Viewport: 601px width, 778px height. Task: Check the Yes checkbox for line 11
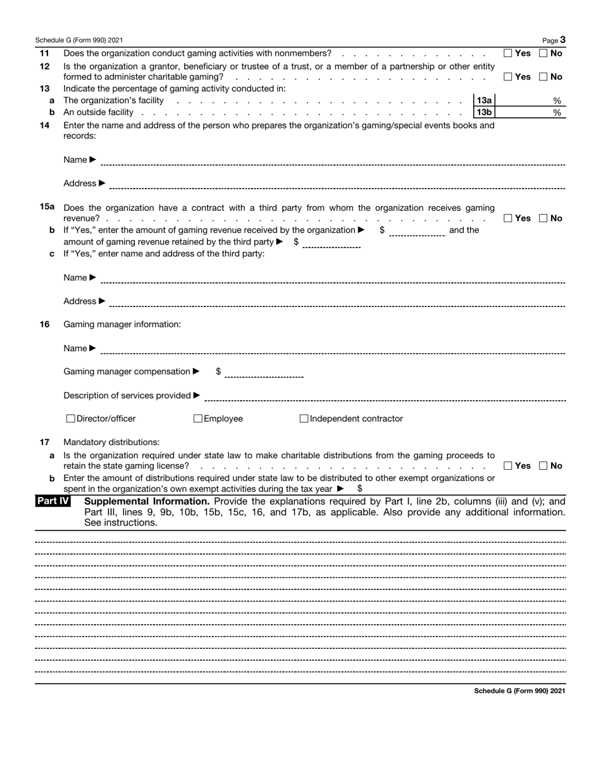tap(508, 54)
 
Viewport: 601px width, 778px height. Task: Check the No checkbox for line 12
tap(543, 77)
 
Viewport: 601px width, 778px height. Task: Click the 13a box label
tap(484, 100)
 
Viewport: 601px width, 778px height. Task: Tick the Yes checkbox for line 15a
tap(508, 218)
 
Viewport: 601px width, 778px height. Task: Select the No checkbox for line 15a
tap(543, 218)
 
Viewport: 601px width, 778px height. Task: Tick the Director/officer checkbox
tap(71, 418)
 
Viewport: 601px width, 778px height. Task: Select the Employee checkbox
tap(198, 418)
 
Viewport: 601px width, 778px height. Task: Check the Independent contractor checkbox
tap(304, 418)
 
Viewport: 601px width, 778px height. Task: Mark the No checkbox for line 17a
tap(543, 466)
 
